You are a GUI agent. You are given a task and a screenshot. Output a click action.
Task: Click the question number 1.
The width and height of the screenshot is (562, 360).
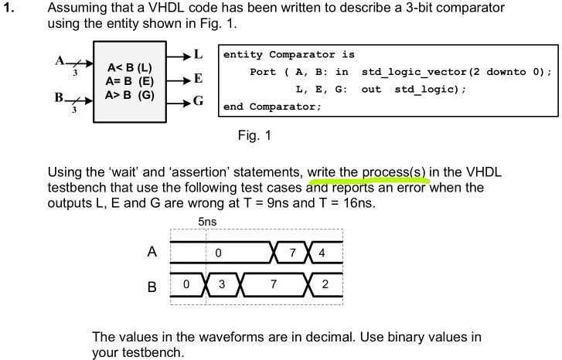coord(9,8)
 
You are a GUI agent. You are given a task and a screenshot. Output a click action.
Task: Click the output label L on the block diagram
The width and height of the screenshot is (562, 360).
coord(198,54)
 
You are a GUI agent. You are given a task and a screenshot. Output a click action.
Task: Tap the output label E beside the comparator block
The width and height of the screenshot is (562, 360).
coord(198,78)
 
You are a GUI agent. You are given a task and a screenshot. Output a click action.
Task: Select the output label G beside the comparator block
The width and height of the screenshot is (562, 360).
coord(198,100)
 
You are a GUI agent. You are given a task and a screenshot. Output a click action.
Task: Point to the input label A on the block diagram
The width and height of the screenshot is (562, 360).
coord(60,60)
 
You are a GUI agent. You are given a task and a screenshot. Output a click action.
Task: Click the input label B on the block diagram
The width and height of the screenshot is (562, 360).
coord(59,97)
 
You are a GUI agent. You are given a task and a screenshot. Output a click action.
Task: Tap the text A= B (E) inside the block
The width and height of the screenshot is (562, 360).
coord(130,81)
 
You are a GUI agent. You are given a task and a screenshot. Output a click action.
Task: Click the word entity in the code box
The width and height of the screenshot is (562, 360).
coord(243,54)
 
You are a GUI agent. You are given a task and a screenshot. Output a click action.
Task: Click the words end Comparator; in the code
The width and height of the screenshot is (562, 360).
coord(272,107)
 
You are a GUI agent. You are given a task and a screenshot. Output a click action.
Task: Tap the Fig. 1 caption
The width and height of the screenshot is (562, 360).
coord(254,135)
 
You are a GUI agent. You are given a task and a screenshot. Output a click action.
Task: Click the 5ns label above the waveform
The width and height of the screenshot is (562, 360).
coord(207,222)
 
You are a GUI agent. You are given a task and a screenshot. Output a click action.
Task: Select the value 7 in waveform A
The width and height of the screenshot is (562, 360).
coord(292,253)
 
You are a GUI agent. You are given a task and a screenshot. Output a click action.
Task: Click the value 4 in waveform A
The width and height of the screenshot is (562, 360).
coord(322,253)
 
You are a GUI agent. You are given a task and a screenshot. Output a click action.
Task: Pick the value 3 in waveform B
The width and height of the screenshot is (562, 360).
coord(222,284)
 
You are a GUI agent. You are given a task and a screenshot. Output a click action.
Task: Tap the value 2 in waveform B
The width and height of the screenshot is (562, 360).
coord(325,284)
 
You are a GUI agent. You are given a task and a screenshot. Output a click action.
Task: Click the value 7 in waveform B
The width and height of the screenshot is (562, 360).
coord(274,284)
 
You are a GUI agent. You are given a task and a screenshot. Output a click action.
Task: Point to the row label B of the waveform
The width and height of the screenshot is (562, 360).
coord(152,287)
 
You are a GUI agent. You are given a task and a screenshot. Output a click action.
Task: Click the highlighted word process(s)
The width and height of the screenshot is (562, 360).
coord(393,172)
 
